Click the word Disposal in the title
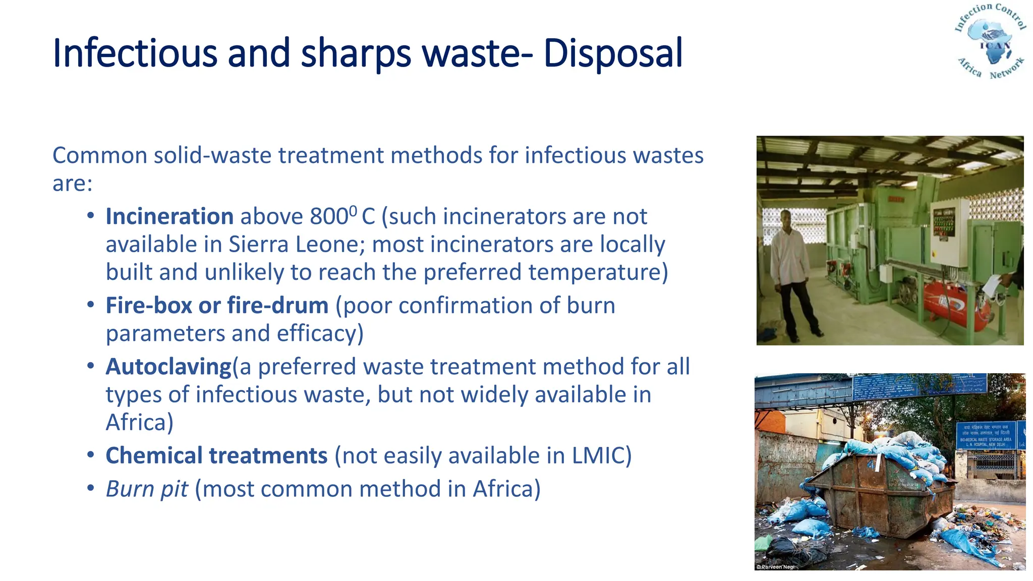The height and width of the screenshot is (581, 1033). click(x=613, y=53)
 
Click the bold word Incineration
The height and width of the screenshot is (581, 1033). click(x=169, y=217)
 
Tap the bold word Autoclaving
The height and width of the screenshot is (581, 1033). click(x=168, y=367)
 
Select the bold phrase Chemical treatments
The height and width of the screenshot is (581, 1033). click(x=216, y=456)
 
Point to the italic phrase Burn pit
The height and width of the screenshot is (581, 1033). click(x=147, y=489)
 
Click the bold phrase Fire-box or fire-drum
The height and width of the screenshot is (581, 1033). click(x=217, y=306)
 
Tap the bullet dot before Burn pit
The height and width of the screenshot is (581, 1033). click(x=91, y=488)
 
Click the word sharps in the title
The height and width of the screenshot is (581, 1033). click(x=356, y=53)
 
